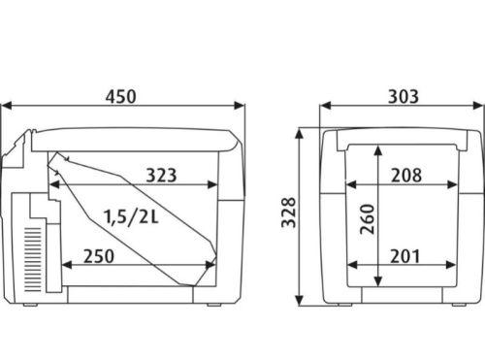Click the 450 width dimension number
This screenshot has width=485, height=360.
coord(121,97)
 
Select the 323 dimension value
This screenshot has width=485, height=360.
coord(161,176)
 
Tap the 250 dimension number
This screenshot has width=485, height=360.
coord(99,256)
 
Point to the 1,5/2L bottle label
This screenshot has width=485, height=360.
coord(131,216)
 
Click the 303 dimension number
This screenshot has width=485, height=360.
coord(404,97)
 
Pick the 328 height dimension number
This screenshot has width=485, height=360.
coord(289,213)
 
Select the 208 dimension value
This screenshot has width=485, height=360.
coord(406,176)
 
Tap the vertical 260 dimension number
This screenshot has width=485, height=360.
coord(368,219)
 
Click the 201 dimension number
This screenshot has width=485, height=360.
coord(405,256)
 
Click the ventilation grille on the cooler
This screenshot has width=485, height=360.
coord(33,260)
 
